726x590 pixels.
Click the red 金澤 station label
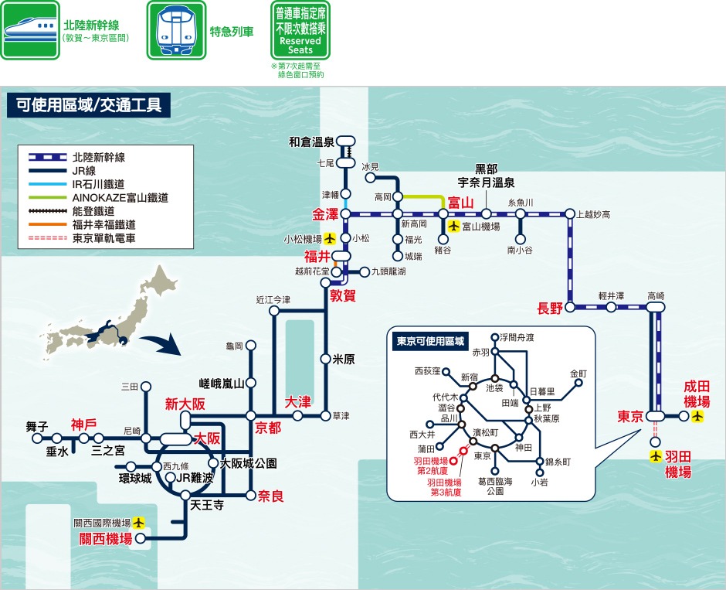326,213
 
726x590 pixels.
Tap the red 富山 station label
460,203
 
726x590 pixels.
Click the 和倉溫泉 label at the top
311,142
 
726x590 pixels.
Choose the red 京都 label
268,428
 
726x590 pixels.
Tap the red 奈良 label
271,495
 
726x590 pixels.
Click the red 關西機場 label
106,539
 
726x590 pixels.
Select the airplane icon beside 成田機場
697,417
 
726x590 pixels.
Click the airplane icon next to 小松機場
331,238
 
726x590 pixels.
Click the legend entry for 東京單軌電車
104,239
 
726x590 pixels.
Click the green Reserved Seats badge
300,31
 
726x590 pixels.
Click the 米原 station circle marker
325,358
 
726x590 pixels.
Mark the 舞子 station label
36,425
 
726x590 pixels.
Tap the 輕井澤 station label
611,295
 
